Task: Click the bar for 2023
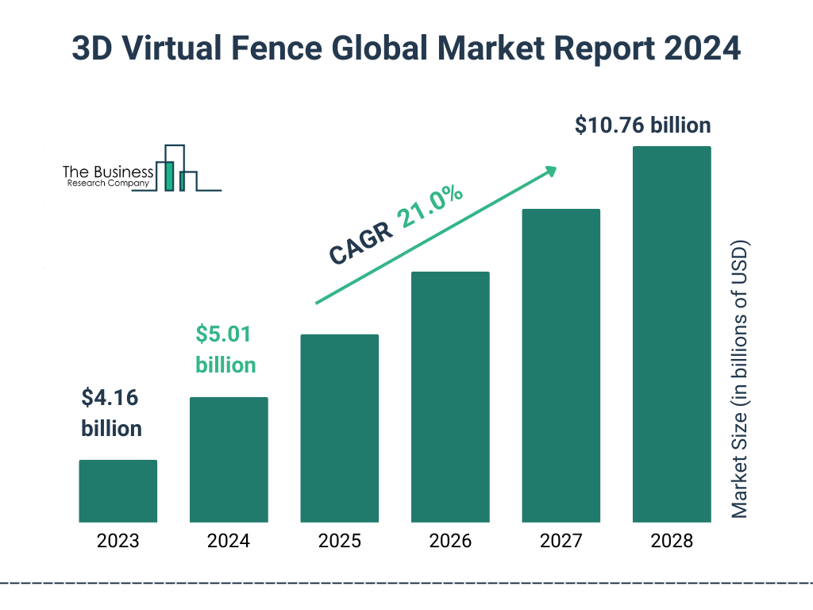click(118, 491)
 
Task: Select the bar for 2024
click(229, 459)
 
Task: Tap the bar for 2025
click(339, 428)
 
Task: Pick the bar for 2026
click(450, 397)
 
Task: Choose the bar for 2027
click(561, 365)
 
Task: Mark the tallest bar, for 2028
click(672, 334)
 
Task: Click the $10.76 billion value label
click(643, 125)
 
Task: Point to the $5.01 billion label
click(225, 349)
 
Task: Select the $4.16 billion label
click(111, 413)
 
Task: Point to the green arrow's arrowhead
click(549, 171)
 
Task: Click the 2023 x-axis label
click(118, 542)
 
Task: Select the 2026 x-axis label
click(450, 542)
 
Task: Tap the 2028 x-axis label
click(672, 542)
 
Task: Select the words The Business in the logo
click(108, 172)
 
